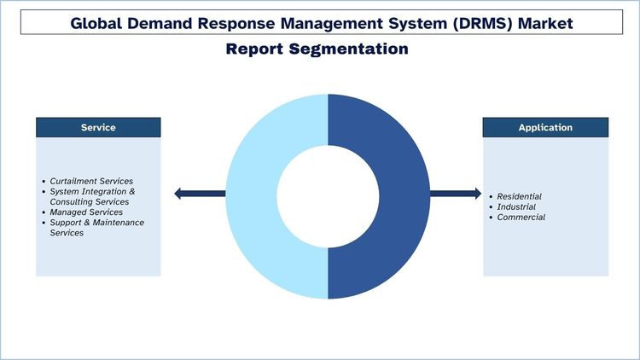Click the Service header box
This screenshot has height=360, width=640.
[x=98, y=127]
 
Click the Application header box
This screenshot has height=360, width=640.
[x=545, y=127]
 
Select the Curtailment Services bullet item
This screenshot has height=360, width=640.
[x=91, y=182]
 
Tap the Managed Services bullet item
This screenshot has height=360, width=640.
[x=86, y=212]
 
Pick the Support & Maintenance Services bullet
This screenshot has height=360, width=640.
[x=96, y=228]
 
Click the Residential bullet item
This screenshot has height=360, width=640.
[x=519, y=196]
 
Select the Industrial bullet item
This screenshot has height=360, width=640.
[x=516, y=206]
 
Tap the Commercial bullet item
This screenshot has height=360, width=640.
[x=521, y=217]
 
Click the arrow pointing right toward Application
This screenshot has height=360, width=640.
[x=456, y=194]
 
